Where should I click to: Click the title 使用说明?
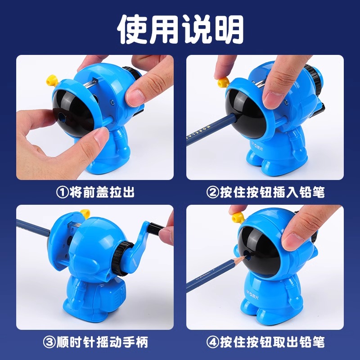pyautogui.click(x=180, y=30)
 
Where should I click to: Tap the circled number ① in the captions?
pyautogui.click(x=61, y=193)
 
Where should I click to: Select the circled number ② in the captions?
pyautogui.click(x=213, y=193)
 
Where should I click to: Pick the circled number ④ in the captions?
pyautogui.click(x=213, y=342)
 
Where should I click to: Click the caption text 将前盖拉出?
pyautogui.click(x=102, y=193)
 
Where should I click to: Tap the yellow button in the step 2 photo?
pyautogui.click(x=223, y=80)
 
